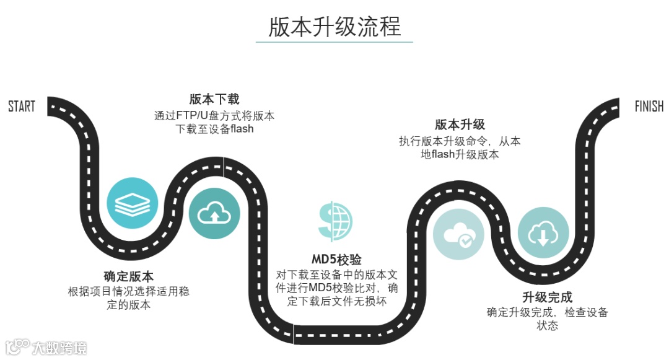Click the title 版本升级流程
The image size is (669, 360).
[x=334, y=27]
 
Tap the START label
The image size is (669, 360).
[x=22, y=107]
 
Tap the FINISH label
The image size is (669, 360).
[x=649, y=107]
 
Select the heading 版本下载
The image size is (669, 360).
[x=214, y=99]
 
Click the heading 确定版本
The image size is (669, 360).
[x=128, y=276]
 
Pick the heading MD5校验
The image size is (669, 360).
[x=336, y=259]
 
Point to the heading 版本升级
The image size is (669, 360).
[x=460, y=124]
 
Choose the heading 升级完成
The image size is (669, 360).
[x=547, y=297]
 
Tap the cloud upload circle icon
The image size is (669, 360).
[x=214, y=214]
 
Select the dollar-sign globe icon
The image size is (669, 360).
[x=335, y=220]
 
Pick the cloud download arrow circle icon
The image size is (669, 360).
[x=543, y=233]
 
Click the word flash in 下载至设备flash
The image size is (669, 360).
[x=242, y=130]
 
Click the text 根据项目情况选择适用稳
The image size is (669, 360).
[x=128, y=291]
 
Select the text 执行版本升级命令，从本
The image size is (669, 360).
[x=460, y=141]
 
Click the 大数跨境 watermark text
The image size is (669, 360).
[x=59, y=347]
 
